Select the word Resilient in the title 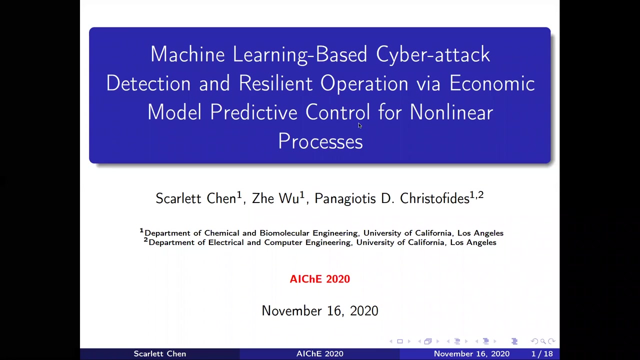(x=275, y=83)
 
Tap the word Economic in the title (x=492, y=83)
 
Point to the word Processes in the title (x=320, y=141)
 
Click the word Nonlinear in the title (x=451, y=112)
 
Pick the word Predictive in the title (x=254, y=112)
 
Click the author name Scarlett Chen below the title (x=195, y=198)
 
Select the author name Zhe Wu (x=275, y=198)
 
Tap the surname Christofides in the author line (x=434, y=198)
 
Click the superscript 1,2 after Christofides (x=477, y=194)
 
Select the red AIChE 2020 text (x=320, y=279)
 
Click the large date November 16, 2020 (x=320, y=311)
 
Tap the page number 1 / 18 (x=542, y=354)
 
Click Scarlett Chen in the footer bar (x=159, y=354)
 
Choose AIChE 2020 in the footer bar (x=319, y=354)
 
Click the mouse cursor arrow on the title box (x=359, y=125)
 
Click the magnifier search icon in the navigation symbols (x=543, y=341)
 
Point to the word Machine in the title (x=187, y=54)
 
